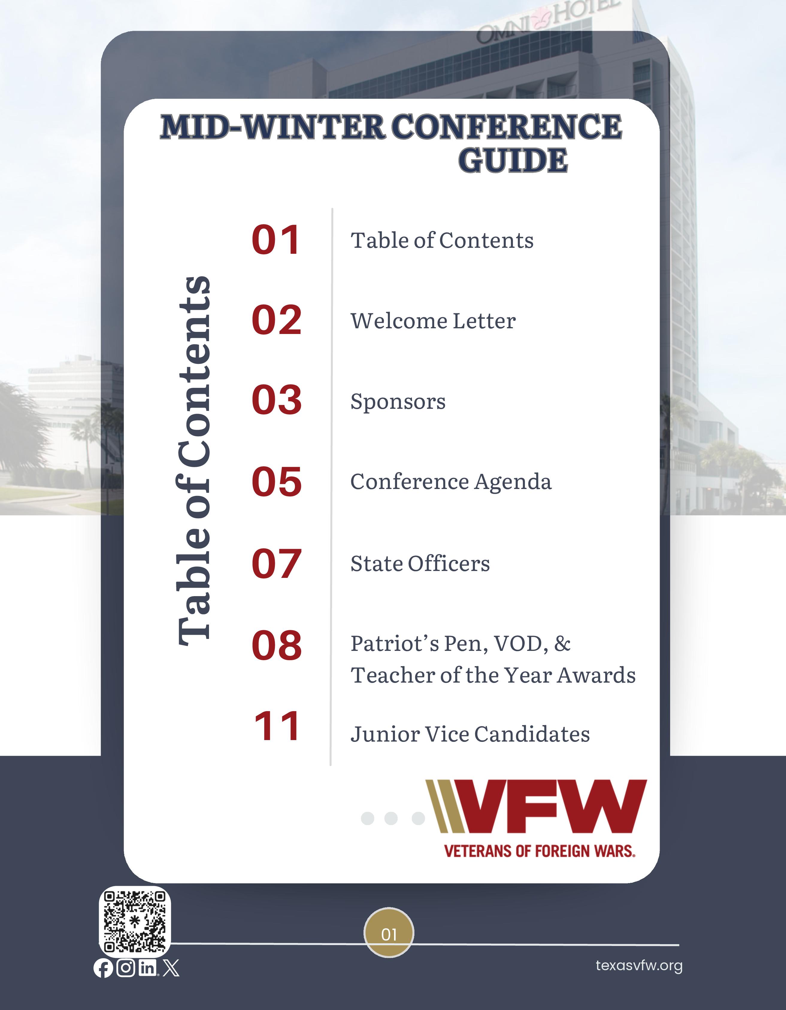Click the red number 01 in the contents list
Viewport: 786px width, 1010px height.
coord(276,240)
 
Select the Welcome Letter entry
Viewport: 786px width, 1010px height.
coord(433,321)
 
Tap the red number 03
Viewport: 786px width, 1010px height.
coord(277,400)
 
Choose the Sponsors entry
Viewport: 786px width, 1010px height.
coord(398,401)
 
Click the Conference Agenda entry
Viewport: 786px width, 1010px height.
coord(451,482)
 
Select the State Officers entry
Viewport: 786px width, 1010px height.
coord(420,563)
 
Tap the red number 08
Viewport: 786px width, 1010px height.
coord(277,645)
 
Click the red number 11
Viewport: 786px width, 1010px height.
coord(277,727)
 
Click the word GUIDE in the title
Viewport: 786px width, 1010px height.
coord(513,160)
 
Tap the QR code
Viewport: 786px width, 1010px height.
coord(135,922)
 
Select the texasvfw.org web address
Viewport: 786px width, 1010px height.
coord(639,966)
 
